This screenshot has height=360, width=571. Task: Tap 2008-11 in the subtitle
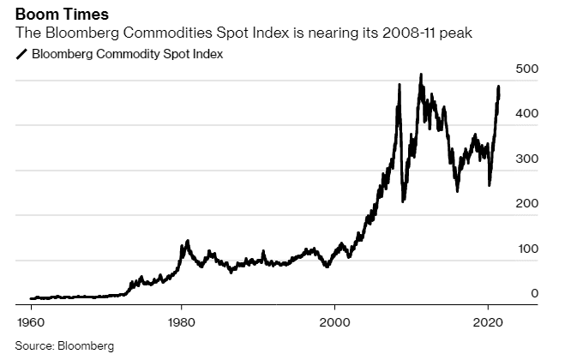click(x=414, y=33)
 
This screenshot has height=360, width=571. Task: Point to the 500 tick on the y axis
click(x=527, y=69)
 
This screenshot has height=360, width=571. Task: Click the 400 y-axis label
click(x=527, y=114)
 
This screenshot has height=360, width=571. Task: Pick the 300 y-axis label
click(x=527, y=159)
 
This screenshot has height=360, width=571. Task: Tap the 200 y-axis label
click(x=527, y=204)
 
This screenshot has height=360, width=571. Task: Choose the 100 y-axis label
click(x=527, y=249)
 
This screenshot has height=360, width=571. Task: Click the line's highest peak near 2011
click(x=420, y=75)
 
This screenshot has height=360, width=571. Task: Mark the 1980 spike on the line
click(x=187, y=242)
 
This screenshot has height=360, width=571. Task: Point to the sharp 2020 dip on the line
click(x=489, y=184)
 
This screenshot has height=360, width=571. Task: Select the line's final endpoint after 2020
click(x=499, y=91)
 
